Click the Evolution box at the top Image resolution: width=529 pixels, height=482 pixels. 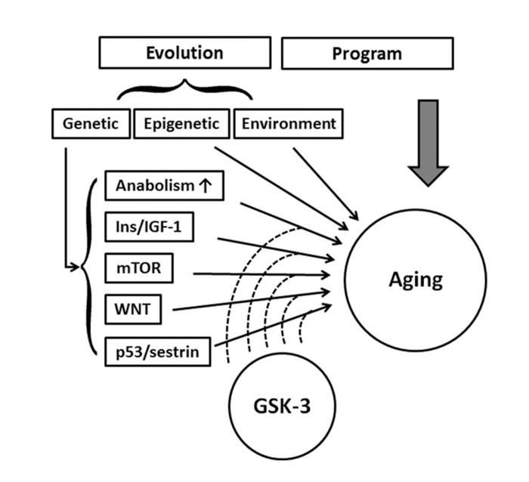[184, 54]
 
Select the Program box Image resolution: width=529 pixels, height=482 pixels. [367, 54]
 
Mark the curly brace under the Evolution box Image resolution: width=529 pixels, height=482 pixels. [184, 91]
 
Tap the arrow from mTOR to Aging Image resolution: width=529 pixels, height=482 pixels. [264, 275]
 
